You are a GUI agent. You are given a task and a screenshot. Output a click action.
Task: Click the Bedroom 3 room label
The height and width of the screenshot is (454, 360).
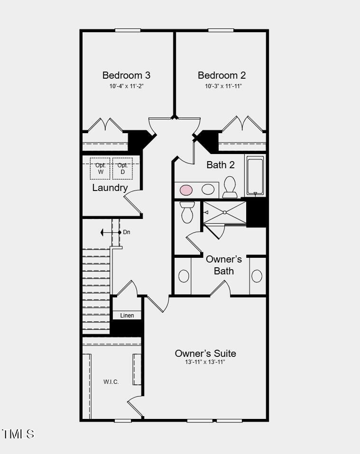pos(126,75)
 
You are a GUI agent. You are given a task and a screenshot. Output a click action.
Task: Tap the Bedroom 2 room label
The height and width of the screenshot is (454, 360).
pos(222,75)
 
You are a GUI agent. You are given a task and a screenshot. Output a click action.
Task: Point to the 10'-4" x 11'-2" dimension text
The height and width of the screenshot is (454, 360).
pos(126,86)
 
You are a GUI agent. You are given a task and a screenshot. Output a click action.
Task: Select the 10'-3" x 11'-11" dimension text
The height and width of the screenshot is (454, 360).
pos(222,86)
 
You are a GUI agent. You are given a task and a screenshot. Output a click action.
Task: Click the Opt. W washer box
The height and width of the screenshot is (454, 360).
pos(100,169)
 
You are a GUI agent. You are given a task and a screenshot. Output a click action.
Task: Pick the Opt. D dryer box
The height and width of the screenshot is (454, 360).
pos(122,169)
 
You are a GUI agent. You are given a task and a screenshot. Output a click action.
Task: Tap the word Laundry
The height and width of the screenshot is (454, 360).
pos(110,188)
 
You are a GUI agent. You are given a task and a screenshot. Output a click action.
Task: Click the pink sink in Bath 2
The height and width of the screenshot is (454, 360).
pos(186,190)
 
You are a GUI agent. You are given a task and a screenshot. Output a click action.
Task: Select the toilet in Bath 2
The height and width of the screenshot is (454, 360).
pos(230,187)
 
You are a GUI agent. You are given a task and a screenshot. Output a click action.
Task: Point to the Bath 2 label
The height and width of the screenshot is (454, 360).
pos(221,165)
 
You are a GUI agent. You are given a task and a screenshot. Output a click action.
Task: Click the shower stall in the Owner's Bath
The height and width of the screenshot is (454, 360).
pos(224,212)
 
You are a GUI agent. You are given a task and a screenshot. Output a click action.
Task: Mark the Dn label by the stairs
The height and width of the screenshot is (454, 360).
pos(127,232)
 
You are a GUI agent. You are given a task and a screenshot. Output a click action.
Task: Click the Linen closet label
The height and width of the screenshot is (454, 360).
pos(127,316)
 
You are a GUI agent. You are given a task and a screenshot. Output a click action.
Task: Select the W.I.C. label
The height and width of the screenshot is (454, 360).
pos(111,382)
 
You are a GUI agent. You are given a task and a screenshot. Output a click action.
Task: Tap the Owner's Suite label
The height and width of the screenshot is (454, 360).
pos(205,353)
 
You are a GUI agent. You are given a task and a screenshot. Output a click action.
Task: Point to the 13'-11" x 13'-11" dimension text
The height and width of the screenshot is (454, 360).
pos(205,363)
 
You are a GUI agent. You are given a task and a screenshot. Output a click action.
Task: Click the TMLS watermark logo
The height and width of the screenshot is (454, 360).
pos(18,434)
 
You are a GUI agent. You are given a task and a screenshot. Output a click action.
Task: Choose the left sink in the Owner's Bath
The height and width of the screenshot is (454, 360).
pos(183,276)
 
